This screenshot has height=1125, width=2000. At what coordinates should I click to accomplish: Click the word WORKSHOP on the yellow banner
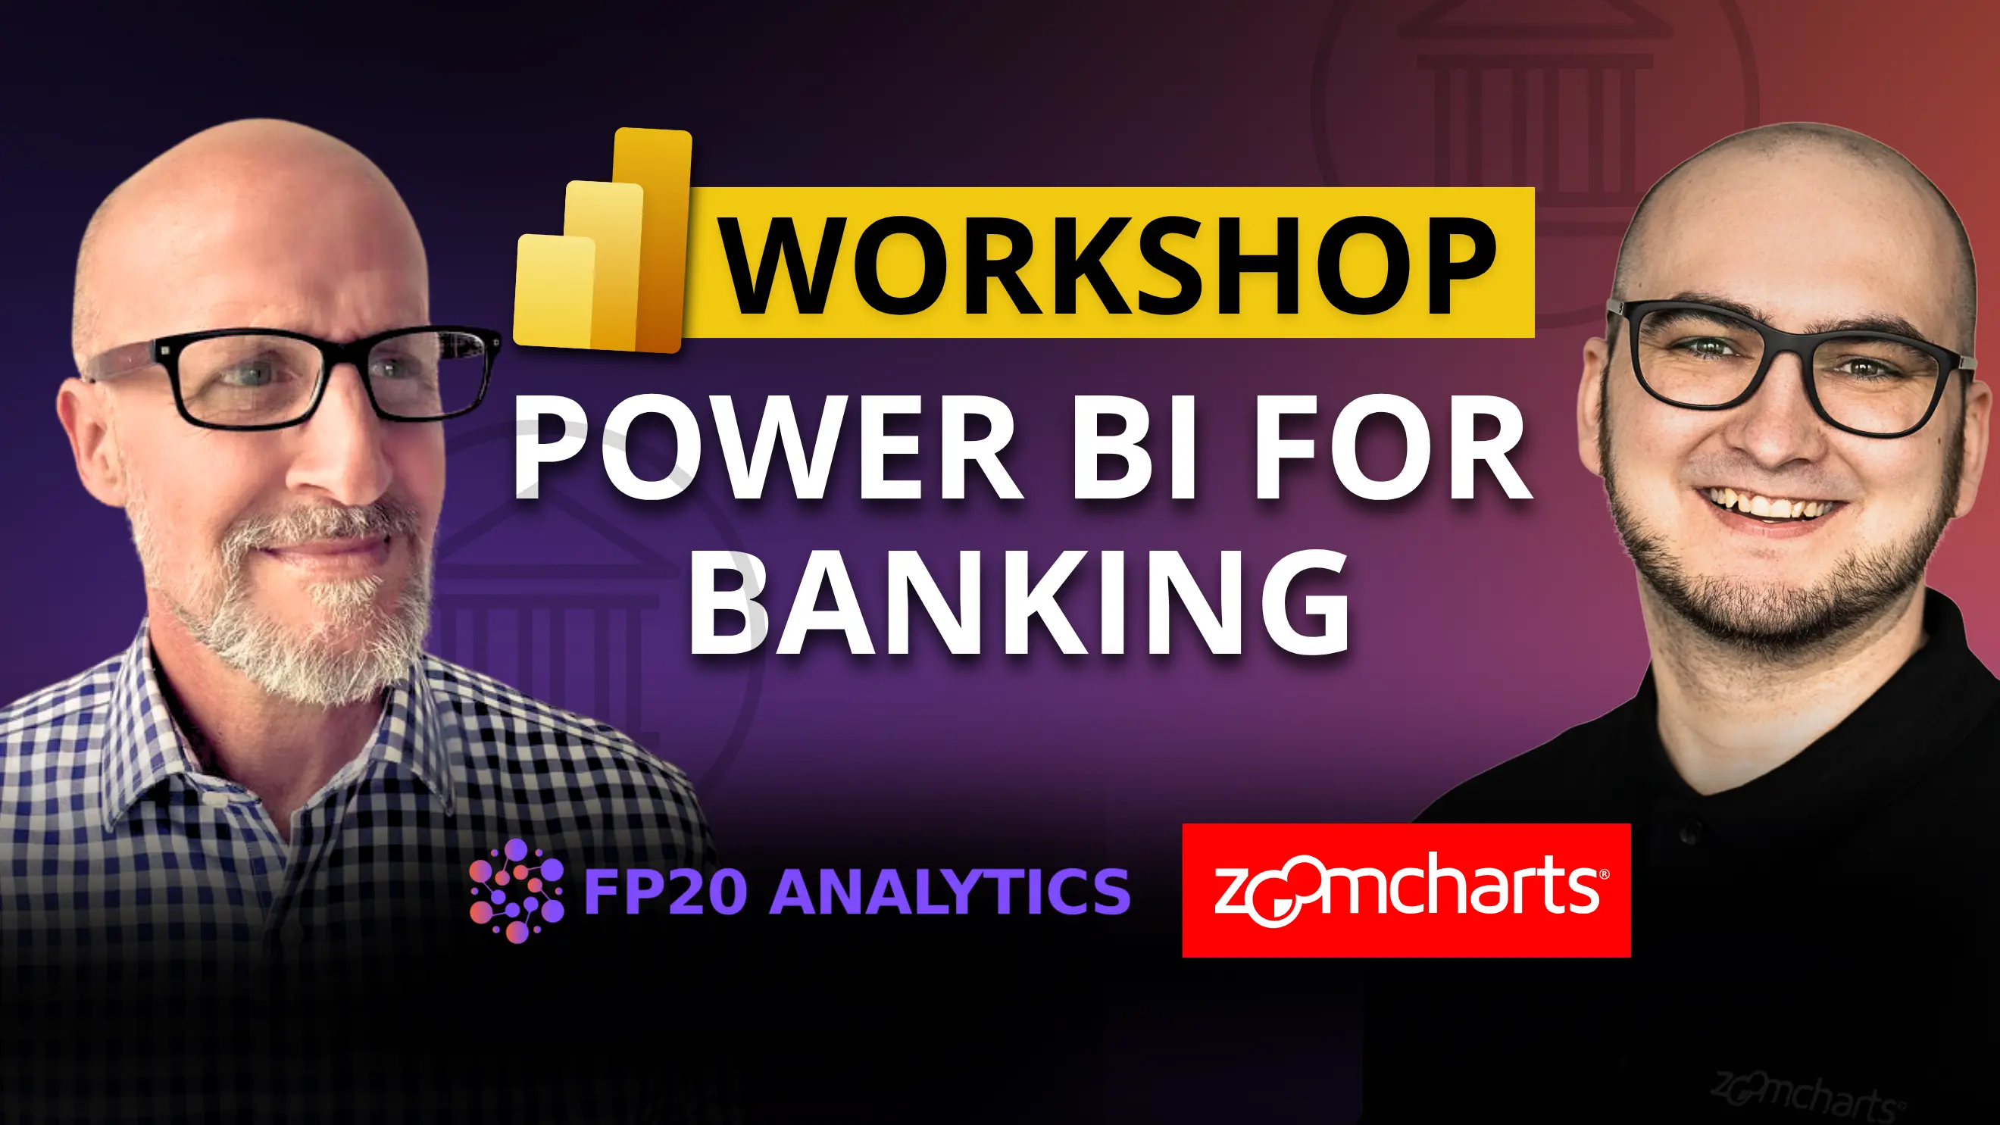click(1108, 264)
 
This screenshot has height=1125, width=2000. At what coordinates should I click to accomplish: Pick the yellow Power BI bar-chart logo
click(602, 242)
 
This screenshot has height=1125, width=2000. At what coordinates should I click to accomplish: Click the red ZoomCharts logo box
click(1406, 889)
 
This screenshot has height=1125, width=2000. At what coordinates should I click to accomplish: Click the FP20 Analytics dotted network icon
click(517, 890)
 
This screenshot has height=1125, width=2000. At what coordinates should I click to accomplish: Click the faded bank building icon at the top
click(1533, 93)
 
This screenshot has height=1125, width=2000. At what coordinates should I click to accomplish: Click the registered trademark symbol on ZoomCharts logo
click(1604, 875)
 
